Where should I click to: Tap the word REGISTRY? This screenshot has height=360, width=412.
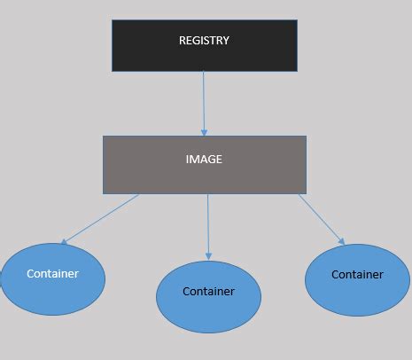tap(204, 40)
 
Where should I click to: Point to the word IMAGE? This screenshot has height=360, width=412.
tap(204, 160)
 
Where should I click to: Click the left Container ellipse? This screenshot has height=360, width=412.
tap(52, 278)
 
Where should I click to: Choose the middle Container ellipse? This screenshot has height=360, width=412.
tap(208, 296)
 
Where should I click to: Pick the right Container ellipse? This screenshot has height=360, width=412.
tap(357, 278)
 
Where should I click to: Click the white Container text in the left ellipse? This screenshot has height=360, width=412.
tap(52, 273)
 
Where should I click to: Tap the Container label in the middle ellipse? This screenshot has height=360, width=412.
tap(208, 291)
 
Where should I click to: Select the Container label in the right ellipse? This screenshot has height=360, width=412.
tap(357, 274)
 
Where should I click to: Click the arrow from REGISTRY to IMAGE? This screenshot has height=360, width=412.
tap(204, 102)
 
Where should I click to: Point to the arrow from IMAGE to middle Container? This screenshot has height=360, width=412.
tap(208, 226)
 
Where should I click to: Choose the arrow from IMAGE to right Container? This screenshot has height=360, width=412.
tap(321, 218)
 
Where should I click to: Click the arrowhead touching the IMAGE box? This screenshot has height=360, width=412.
tap(205, 131)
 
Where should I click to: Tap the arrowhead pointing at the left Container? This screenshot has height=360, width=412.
tap(64, 241)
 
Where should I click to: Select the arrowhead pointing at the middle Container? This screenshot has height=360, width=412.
tap(208, 255)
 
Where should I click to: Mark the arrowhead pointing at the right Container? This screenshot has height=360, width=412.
tap(342, 240)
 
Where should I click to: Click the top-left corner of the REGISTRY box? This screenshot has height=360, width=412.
tap(112, 20)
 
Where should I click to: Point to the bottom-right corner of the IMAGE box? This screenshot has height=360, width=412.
tap(306, 193)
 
